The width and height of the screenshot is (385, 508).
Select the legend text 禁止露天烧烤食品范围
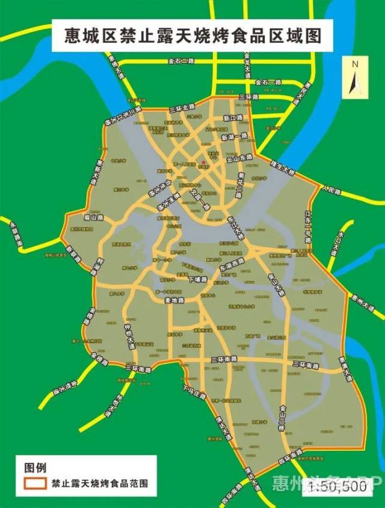(99, 483)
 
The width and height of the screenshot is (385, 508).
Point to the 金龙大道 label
(247, 64)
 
